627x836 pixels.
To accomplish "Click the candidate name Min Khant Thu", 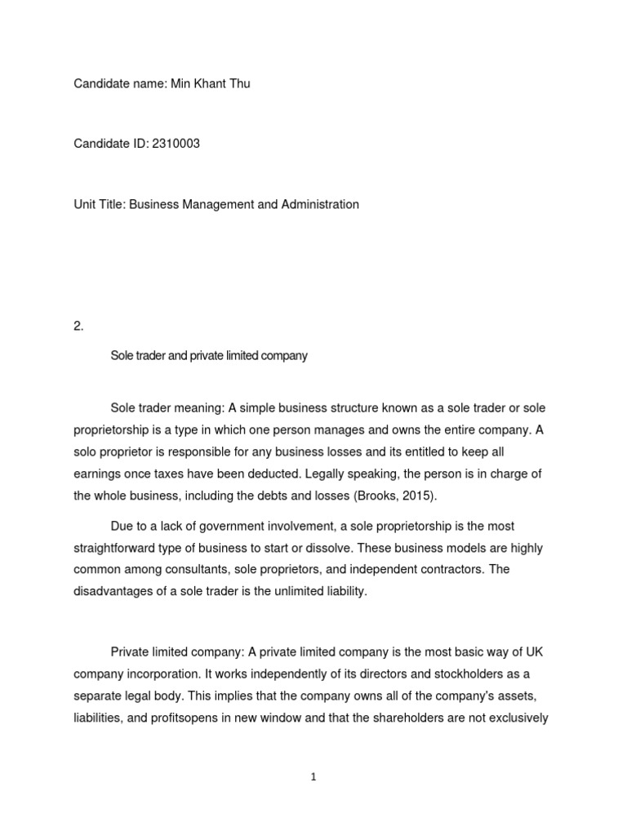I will pyautogui.click(x=210, y=83).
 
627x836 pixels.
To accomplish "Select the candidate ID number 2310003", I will pyautogui.click(x=171, y=144).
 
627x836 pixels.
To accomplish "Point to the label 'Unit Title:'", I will pyautogui.click(x=102, y=204).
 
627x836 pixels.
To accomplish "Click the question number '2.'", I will pyautogui.click(x=78, y=326).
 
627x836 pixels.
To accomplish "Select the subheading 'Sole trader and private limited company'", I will pyautogui.click(x=208, y=356).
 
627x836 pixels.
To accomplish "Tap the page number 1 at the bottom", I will pyautogui.click(x=313, y=778).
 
